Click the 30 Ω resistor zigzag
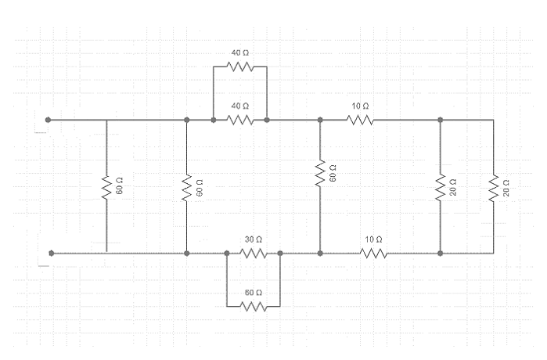tap(254, 254)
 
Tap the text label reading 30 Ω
tap(253, 238)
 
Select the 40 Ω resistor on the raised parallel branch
tap(240, 67)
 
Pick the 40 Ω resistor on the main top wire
tap(240, 121)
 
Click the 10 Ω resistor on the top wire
tap(361, 121)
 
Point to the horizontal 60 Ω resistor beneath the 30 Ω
tap(254, 307)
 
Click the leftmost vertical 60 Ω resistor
tap(106, 186)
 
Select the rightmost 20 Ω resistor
tap(494, 186)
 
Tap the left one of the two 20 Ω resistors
tap(441, 186)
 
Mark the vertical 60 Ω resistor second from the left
tap(187, 186)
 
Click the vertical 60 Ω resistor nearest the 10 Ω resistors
tap(320, 174)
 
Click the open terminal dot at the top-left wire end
tap(49, 121)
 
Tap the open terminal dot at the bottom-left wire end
tap(52, 254)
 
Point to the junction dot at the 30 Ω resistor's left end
tap(227, 254)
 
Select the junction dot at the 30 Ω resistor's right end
tap(280, 254)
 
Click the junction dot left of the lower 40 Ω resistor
tap(214, 121)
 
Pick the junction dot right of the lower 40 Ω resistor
tap(267, 121)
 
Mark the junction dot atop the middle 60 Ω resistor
tap(320, 121)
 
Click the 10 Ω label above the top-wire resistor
tap(361, 106)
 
